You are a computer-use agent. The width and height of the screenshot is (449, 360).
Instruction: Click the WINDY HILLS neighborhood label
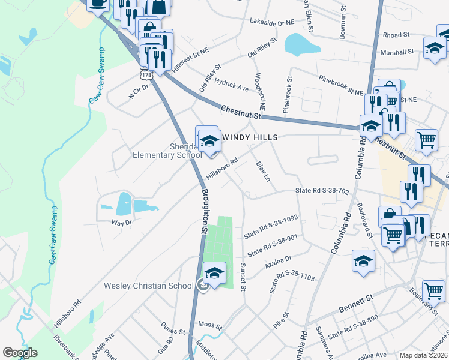coord(250,137)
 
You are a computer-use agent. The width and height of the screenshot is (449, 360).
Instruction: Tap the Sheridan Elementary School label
coord(167,150)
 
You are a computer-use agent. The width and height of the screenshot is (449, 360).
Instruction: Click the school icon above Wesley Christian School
coord(214,274)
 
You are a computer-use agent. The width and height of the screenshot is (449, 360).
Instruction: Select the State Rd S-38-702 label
coord(322,191)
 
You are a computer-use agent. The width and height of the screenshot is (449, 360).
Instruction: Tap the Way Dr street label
coord(121,222)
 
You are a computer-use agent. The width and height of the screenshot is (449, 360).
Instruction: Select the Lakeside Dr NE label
coord(273,20)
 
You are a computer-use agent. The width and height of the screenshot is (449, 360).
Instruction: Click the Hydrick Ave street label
coord(231,88)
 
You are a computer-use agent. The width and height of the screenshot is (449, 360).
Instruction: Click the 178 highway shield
coord(146,75)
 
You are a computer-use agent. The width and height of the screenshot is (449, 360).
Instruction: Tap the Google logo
coord(20,352)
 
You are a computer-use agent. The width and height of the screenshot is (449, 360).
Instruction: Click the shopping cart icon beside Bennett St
coord(433,291)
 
